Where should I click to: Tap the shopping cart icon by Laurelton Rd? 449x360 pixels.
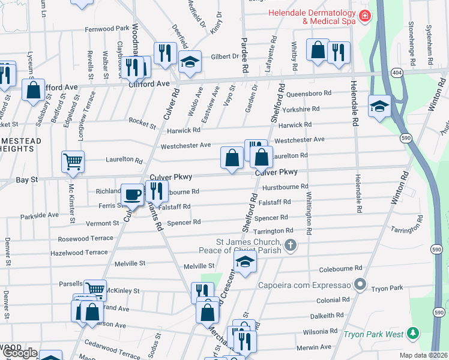pyautogui.click(x=72, y=161)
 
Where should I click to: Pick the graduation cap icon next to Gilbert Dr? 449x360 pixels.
pyautogui.click(x=190, y=62)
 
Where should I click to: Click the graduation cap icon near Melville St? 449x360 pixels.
pyautogui.click(x=245, y=261)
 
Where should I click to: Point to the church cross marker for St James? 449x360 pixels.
pyautogui.click(x=291, y=244)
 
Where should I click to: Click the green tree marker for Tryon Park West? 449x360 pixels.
pyautogui.click(x=412, y=333)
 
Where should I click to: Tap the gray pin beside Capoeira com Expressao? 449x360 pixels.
pyautogui.click(x=360, y=283)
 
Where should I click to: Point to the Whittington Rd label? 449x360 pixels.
pyautogui.click(x=309, y=213)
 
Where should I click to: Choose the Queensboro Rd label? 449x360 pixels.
pyautogui.click(x=309, y=94)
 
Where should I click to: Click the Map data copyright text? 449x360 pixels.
pyautogui.click(x=424, y=355)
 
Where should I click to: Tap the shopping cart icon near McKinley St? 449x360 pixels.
pyautogui.click(x=94, y=290)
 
